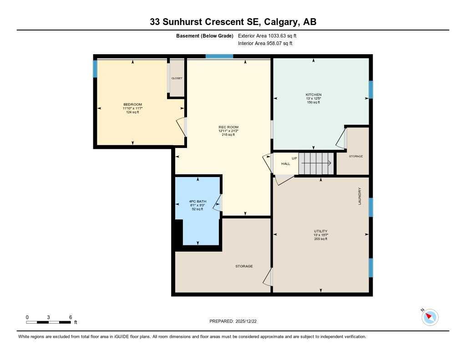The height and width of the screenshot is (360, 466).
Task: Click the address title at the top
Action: (x=233, y=21)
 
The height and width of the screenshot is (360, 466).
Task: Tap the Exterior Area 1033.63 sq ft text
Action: (x=267, y=35)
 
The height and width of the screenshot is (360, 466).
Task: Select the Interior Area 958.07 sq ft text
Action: (x=265, y=44)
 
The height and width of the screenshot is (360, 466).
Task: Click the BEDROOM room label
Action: (x=132, y=105)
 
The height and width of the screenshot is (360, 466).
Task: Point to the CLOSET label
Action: (x=177, y=78)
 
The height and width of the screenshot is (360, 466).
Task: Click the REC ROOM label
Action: (x=228, y=127)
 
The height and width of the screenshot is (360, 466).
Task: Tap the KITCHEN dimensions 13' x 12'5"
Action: (x=314, y=98)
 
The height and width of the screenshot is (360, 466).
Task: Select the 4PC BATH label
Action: (x=198, y=201)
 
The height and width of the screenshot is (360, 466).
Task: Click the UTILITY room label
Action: (x=320, y=231)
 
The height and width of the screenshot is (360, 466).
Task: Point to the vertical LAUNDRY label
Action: (x=360, y=196)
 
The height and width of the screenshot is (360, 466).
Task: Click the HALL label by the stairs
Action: (x=285, y=163)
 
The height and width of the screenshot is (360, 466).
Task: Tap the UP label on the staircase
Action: (x=294, y=158)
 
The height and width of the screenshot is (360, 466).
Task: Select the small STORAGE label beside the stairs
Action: (x=356, y=156)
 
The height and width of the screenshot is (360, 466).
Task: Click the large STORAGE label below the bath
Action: (x=244, y=266)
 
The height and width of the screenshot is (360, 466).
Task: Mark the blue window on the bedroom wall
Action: (x=95, y=69)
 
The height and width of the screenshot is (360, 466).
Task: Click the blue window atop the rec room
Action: (x=219, y=56)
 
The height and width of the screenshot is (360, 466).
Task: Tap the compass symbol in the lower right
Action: (x=430, y=317)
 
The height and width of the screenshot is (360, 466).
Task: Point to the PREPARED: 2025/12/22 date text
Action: (x=236, y=321)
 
